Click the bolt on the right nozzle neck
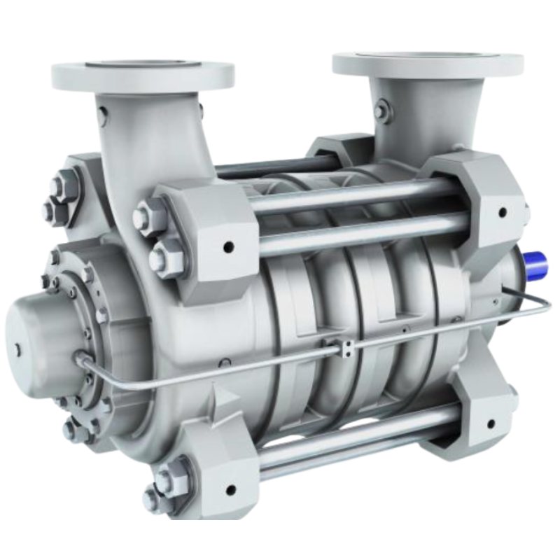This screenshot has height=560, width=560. point(381,111)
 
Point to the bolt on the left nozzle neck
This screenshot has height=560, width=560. point(103,112)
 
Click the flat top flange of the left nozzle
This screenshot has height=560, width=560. point(143,70)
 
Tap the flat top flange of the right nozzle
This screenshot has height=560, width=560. point(427,62)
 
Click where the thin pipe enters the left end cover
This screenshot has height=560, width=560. point(82,360)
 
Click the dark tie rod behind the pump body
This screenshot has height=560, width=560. point(280,168)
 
